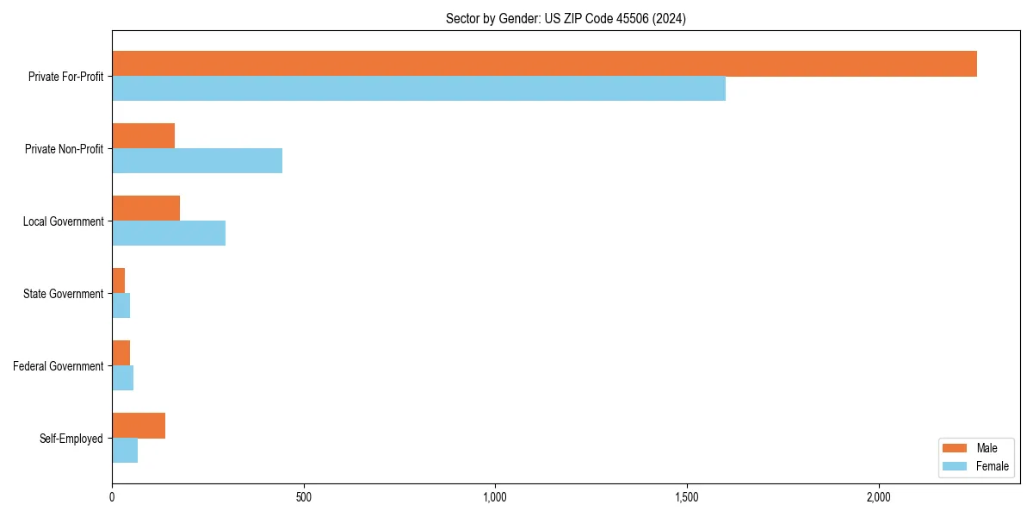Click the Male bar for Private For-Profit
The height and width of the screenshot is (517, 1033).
544,64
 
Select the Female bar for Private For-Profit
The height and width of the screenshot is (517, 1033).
418,89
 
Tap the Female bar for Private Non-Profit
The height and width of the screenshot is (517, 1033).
197,161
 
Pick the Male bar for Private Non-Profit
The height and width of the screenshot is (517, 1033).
143,136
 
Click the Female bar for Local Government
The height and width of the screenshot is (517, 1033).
169,234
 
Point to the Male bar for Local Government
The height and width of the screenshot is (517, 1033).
145,209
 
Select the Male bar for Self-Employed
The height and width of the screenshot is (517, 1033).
139,426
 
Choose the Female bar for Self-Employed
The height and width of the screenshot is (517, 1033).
125,451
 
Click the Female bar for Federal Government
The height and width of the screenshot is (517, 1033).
122,378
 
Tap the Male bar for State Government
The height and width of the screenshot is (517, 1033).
118,281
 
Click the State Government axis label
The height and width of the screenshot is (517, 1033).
63,294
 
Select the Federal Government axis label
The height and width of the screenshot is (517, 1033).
58,366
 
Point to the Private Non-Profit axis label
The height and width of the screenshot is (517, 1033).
64,149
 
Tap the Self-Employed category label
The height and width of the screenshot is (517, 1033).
71,439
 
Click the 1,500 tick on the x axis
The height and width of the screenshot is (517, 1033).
687,497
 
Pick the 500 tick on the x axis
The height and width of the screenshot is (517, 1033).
303,497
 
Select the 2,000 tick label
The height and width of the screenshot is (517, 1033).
878,497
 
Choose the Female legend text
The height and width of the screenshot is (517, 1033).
992,466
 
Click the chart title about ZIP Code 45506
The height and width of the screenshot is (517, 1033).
566,18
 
